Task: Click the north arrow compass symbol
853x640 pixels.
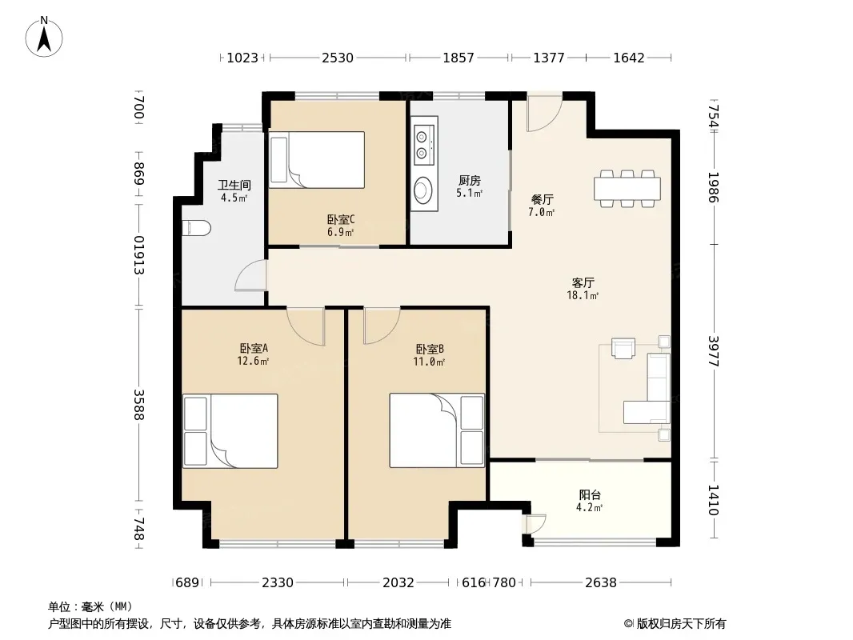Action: (44, 37)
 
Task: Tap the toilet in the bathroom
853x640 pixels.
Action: (196, 228)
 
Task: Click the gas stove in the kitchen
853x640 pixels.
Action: (422, 145)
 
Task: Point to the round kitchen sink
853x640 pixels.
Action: (422, 190)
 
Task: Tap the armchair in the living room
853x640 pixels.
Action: (623, 348)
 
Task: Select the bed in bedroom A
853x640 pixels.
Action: (230, 430)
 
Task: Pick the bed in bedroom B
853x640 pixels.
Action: (437, 430)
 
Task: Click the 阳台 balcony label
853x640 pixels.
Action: (590, 495)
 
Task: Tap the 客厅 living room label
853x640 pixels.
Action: (583, 282)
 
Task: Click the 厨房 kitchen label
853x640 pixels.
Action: (470, 180)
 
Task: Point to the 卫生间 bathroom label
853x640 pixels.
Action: (234, 185)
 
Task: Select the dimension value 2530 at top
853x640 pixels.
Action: (338, 58)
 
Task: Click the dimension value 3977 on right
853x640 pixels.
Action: (714, 351)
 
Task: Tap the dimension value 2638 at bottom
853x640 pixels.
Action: (601, 582)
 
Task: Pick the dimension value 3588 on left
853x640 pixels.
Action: (139, 405)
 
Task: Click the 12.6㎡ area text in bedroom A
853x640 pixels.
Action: (253, 361)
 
